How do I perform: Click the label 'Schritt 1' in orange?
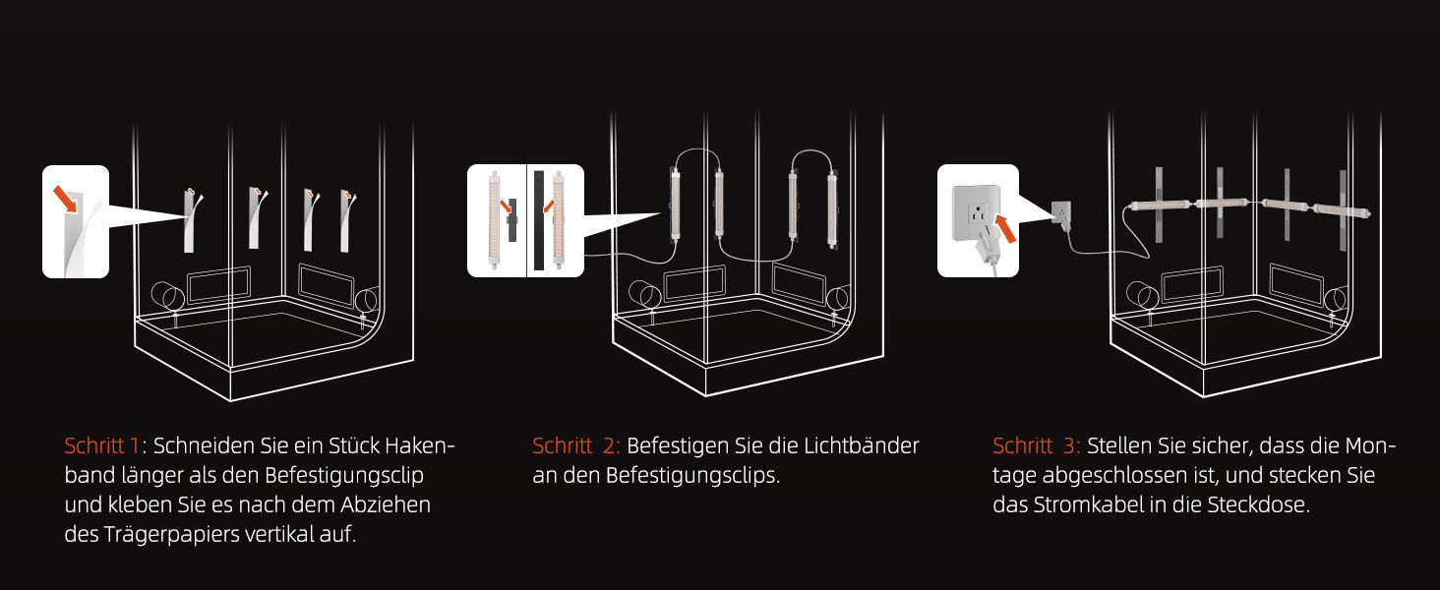coord(101,445)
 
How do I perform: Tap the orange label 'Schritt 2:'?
coord(576,445)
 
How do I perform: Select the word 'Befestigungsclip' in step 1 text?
coord(344,476)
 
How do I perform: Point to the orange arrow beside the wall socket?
coord(1005,228)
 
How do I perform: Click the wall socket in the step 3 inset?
coord(976,212)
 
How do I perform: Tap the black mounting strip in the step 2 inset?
coord(539,220)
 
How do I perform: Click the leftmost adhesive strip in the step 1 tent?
coord(190,221)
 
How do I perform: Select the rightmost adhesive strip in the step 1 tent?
coord(345,222)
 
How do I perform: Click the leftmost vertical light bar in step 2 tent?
coord(675,204)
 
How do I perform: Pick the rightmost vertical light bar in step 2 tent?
coord(832,209)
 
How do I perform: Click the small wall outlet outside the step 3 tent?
coord(1060,212)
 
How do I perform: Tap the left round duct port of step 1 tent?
coord(168,296)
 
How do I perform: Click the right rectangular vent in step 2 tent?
coord(799,283)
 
